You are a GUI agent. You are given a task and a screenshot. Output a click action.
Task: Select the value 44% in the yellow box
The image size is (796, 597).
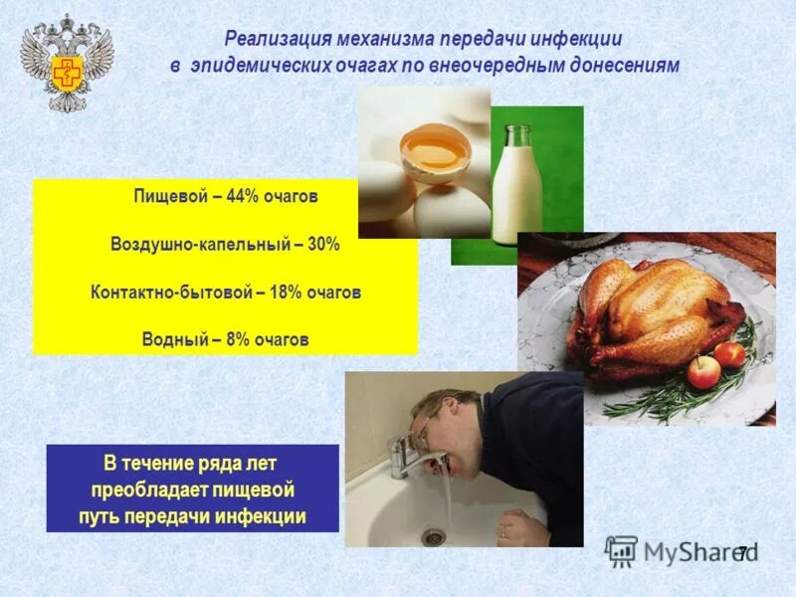(243, 196)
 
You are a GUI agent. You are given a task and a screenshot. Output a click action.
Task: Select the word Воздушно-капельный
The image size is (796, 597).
(195, 244)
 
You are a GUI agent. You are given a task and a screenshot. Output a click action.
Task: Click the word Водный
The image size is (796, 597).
(172, 339)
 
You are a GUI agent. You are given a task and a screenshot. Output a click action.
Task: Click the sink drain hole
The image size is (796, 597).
(432, 535)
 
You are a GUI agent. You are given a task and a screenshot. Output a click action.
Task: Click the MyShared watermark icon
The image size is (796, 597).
(622, 550)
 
